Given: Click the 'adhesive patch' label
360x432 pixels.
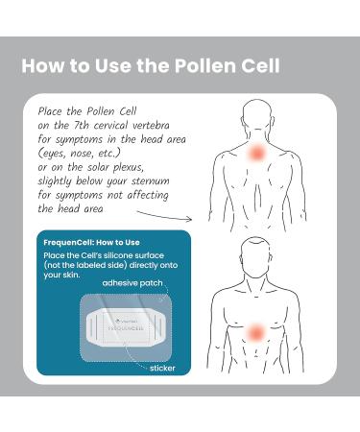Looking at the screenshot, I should (x=129, y=285).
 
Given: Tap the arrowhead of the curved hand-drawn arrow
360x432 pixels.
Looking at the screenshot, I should (x=208, y=219).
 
